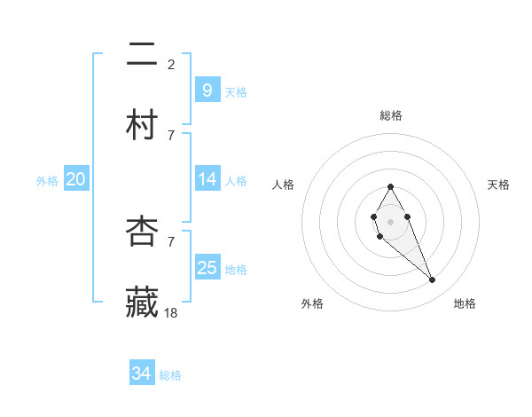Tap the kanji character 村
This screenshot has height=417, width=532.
[143, 124]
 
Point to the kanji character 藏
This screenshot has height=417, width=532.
[143, 302]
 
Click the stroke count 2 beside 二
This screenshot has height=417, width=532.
[171, 64]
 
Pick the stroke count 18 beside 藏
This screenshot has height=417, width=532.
[172, 312]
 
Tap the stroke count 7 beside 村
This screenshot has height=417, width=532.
[171, 135]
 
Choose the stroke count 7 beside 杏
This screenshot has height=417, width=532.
[171, 241]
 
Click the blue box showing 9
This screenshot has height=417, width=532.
[207, 90]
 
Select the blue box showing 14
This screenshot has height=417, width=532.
[207, 179]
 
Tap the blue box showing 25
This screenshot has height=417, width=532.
[207, 267]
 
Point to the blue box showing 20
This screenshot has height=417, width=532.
[75, 179]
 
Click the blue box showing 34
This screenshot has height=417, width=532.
[141, 374]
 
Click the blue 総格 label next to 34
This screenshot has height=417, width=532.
[170, 375]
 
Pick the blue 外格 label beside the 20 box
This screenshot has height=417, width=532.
[47, 181]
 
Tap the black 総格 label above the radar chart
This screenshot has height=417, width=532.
[390, 115]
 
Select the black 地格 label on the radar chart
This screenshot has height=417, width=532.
[465, 303]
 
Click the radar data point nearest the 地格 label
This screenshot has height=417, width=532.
[432, 280]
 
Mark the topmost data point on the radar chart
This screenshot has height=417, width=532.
[390, 186]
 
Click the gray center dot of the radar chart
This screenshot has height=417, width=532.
[390, 220]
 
